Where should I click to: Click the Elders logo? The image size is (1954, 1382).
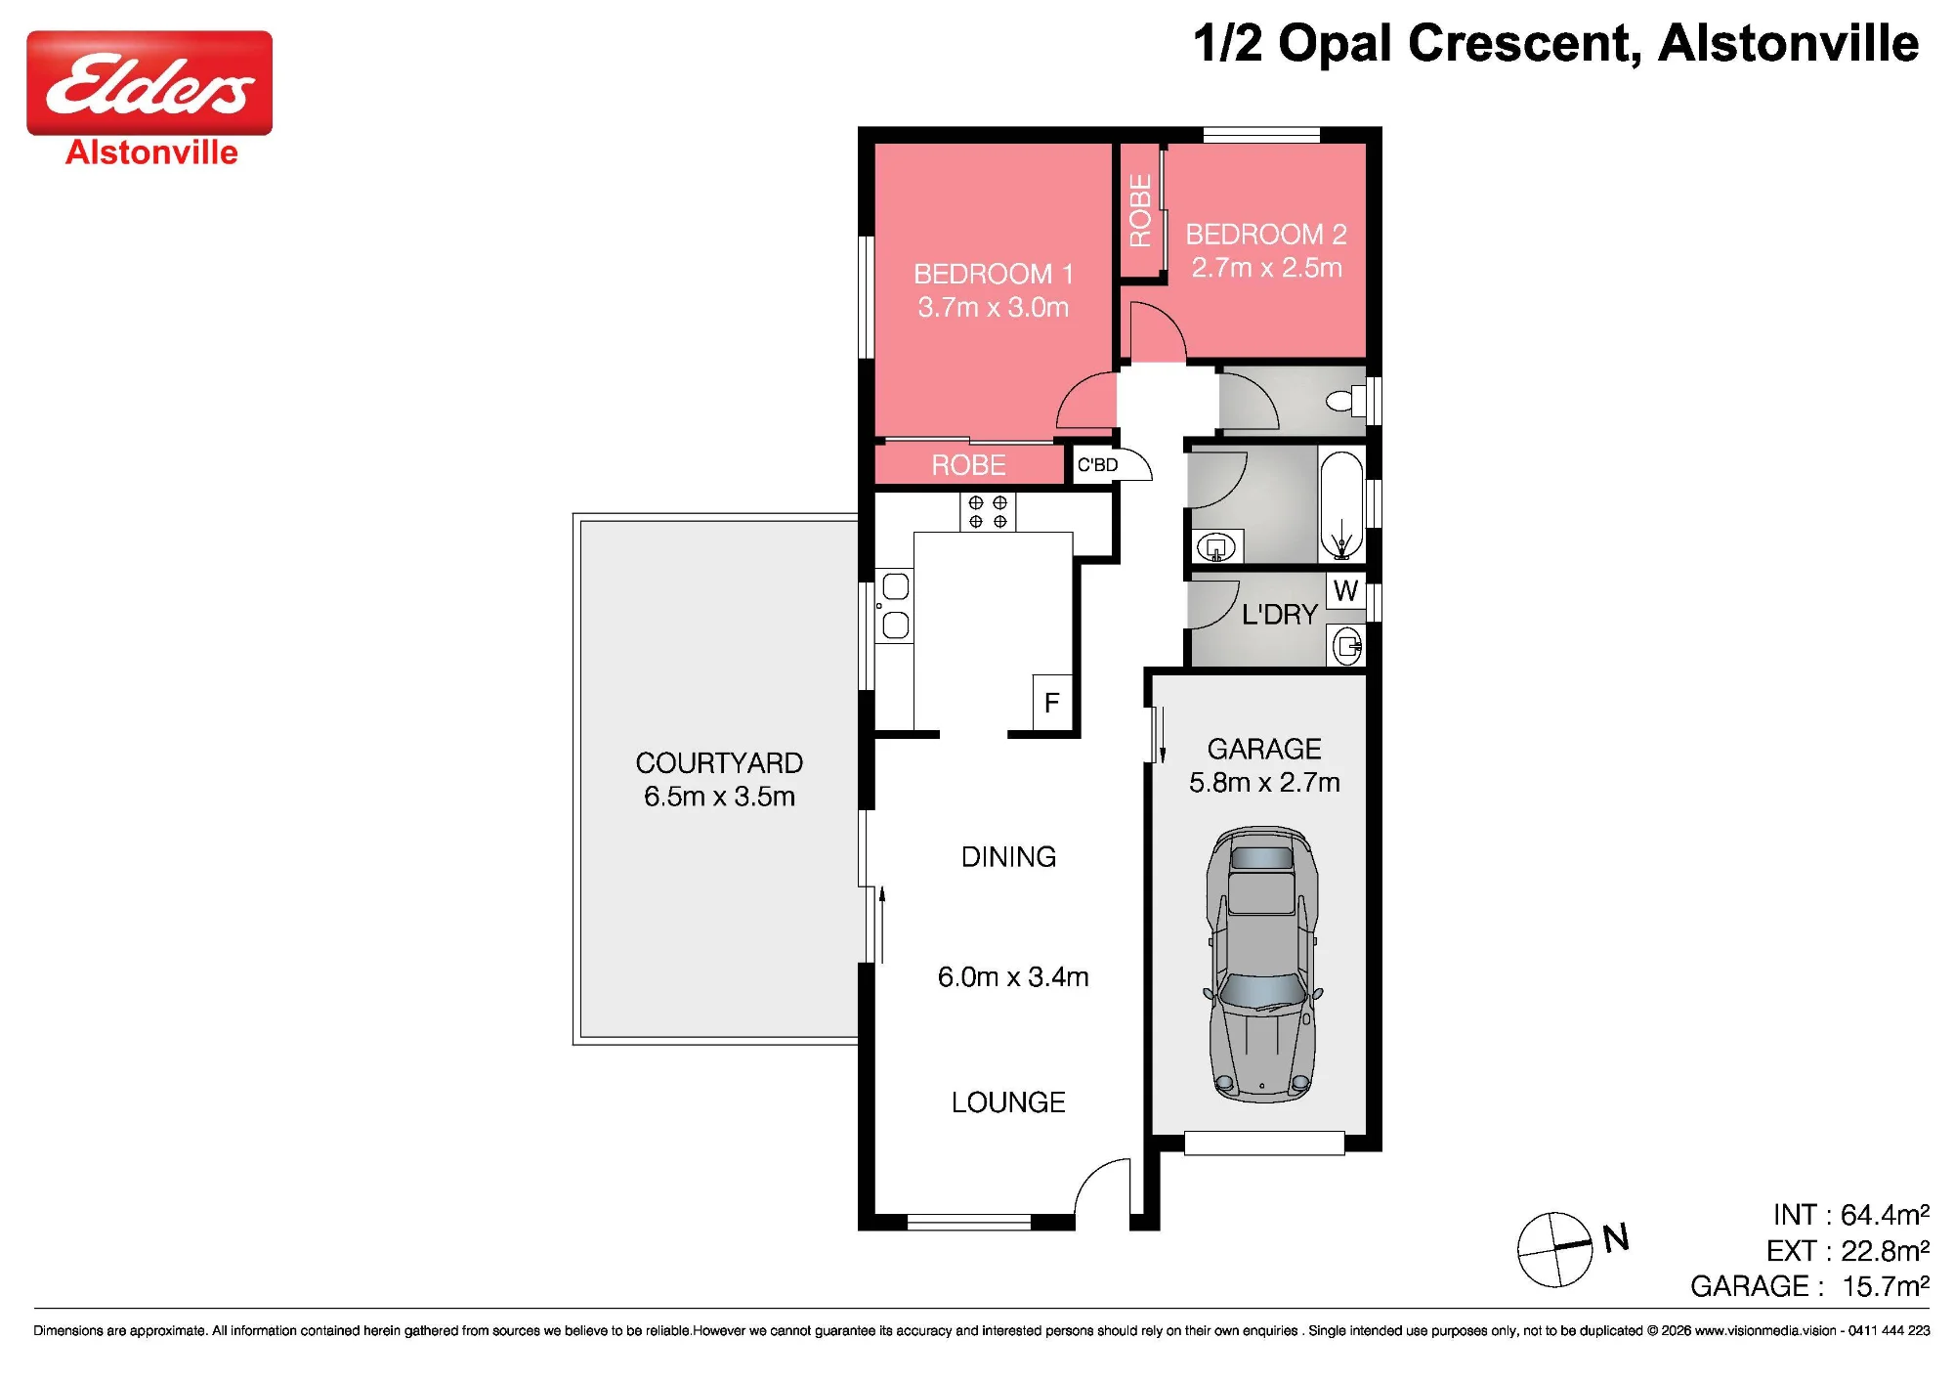(x=149, y=83)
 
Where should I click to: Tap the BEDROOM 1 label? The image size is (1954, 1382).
(x=994, y=274)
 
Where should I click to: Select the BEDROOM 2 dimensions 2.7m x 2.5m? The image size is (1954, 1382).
(x=1266, y=268)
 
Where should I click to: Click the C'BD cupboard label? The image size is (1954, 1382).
(x=1097, y=465)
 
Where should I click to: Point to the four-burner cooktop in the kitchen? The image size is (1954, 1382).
(x=988, y=511)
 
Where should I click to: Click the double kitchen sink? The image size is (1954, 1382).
(x=895, y=606)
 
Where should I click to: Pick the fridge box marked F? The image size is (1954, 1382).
(x=1052, y=703)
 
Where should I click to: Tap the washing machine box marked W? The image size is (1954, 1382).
(x=1345, y=590)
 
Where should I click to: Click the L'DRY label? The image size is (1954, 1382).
(x=1280, y=615)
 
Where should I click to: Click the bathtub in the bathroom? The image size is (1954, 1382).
(x=1341, y=505)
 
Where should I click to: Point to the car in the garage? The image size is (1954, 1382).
(x=1263, y=965)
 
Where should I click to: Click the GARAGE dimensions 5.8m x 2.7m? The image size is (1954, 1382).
(x=1264, y=783)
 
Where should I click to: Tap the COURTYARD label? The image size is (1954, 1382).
(x=719, y=762)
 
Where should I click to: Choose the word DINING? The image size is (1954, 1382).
(x=1009, y=857)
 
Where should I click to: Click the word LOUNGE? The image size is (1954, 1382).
(x=1008, y=1102)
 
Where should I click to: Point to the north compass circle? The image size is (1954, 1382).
(x=1554, y=1250)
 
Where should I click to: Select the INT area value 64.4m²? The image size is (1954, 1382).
(x=1885, y=1215)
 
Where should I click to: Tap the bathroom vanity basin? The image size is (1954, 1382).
(x=1216, y=547)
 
